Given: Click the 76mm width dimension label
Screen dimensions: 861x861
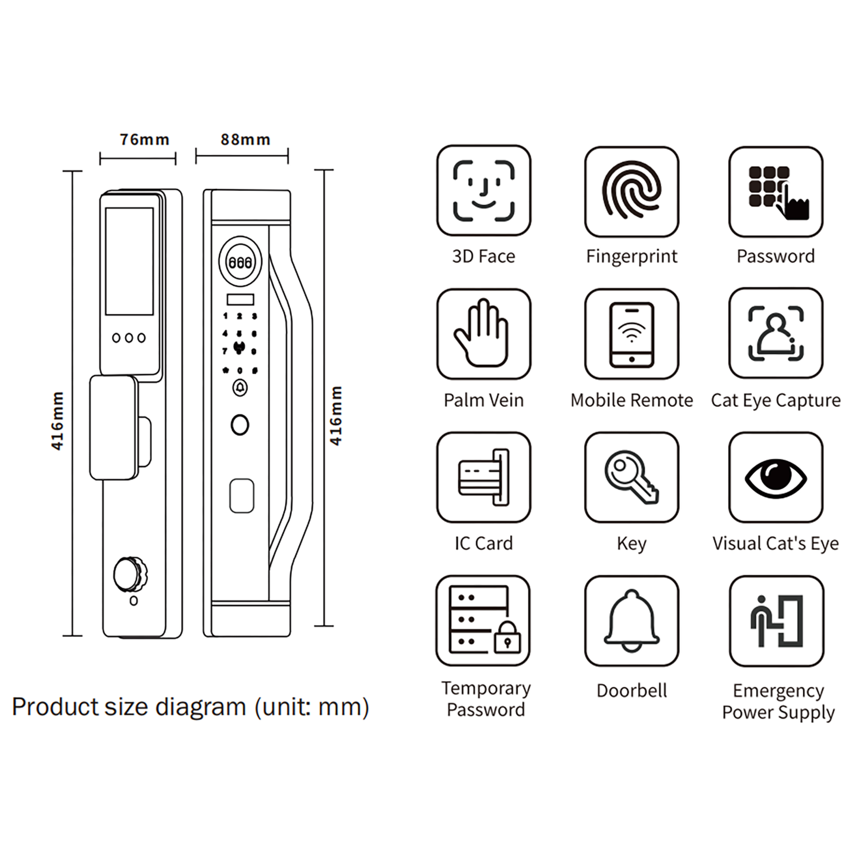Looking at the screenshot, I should coord(144,139).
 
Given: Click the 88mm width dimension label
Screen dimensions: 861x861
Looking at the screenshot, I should coord(245,139).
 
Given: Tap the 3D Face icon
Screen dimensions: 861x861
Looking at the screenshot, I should coord(483,191).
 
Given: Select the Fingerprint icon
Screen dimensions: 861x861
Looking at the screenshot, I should coord(631,191).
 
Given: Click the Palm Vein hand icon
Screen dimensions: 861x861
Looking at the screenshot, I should coord(483,334).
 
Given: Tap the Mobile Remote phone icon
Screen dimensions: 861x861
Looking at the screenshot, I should coord(631,334).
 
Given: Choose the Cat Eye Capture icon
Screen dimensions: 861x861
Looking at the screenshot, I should coord(775,333).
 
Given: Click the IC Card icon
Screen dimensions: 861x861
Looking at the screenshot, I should coord(483,477).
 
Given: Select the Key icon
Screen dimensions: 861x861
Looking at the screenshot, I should coord(631,477).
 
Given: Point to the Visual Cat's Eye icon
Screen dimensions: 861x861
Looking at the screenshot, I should coord(775,477).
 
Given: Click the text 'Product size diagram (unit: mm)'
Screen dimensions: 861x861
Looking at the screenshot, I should coord(190,707).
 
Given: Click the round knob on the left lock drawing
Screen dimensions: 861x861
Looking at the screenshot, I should coord(129,574).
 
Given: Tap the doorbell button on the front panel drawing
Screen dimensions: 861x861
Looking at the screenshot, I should coord(240,388).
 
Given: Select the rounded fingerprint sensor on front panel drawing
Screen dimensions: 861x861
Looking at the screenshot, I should coord(241,495).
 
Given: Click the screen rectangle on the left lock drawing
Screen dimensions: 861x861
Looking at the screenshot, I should coord(129,261).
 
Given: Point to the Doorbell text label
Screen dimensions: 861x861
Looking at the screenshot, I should coord(631,691).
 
